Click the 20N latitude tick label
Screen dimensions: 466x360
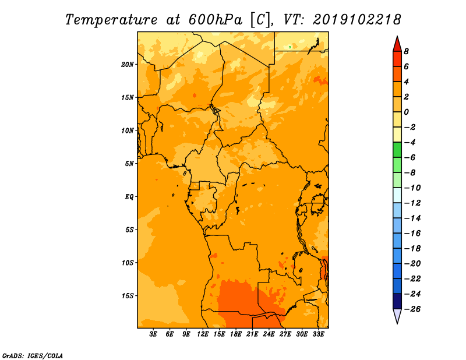[128, 65]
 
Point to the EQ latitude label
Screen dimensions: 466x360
[129, 197]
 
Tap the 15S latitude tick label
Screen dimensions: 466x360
[128, 296]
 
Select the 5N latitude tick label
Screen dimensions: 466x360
[129, 164]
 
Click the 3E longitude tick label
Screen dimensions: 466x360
[153, 334]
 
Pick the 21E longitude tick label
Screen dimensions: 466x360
[252, 334]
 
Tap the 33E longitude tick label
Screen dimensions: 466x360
[318, 334]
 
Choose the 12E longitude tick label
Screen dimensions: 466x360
[203, 334]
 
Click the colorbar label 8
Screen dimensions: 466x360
[406, 51]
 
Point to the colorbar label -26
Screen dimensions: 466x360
[412, 309]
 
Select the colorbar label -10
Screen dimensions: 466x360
[412, 188]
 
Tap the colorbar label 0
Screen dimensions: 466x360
[406, 112]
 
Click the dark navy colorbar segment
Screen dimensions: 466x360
[397, 301]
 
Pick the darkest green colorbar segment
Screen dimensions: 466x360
[397, 150]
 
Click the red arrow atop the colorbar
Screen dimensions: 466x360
[397, 44]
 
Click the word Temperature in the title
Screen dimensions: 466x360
[111, 20]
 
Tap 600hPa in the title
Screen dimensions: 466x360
[216, 20]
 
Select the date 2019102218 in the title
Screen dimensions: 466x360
[357, 20]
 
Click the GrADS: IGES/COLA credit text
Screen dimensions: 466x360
[33, 356]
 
